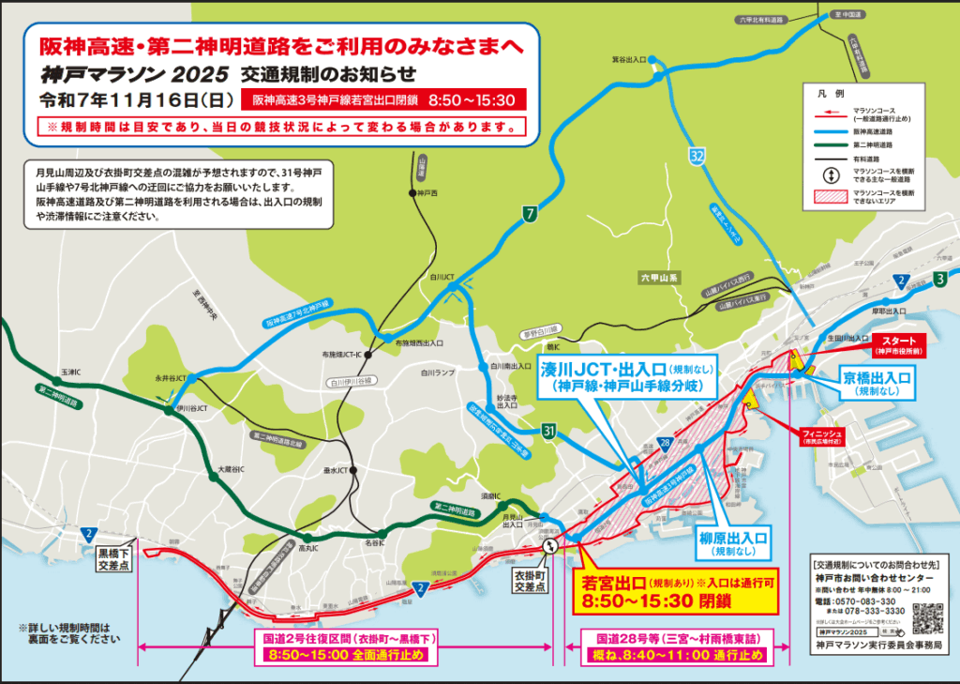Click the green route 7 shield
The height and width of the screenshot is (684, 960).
(x=530, y=215)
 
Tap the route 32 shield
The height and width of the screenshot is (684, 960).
(x=695, y=157)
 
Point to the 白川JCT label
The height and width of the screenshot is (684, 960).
(x=442, y=277)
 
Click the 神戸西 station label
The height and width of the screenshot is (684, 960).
(x=427, y=192)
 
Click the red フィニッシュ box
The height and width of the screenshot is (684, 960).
(x=822, y=437)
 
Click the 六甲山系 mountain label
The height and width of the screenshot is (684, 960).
(x=658, y=278)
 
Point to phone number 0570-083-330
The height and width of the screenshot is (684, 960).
(x=873, y=601)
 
